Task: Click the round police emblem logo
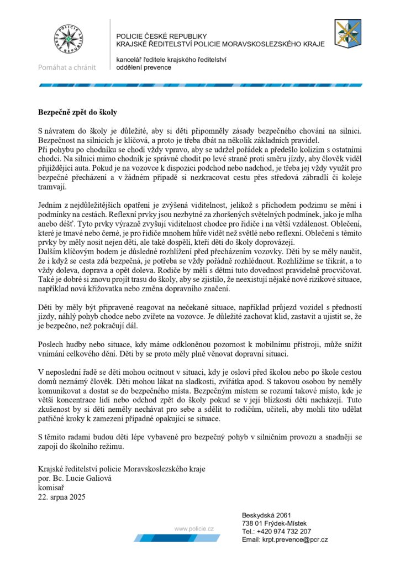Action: (67, 40)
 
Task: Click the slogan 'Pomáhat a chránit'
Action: (67, 67)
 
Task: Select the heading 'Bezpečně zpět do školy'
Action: (77, 112)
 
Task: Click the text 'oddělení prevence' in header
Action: (144, 67)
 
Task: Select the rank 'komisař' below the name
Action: (50, 488)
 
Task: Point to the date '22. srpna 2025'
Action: (61, 496)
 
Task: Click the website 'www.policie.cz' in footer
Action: (194, 529)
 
